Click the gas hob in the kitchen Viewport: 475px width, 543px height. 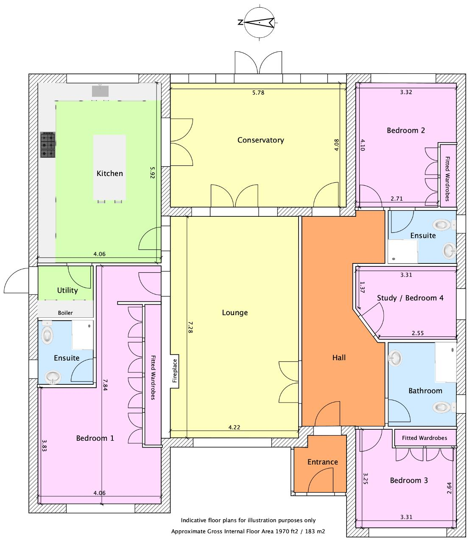pos(48,145)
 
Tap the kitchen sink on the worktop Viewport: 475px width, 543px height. pos(101,91)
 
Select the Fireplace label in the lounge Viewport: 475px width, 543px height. pos(175,371)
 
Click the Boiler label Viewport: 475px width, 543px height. pos(65,313)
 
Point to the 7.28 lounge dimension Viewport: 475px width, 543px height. pos(190,327)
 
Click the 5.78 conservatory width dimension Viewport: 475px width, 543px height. pos(258,92)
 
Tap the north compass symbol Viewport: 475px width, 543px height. pos(260,22)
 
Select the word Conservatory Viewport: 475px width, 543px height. pos(260,140)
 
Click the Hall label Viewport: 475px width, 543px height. pos(339,358)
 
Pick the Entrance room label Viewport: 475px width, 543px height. pos(323,462)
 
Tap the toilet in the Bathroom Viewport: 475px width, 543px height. pos(444,407)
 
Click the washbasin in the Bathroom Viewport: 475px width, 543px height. pos(395,358)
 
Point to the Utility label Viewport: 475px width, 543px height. pos(67,290)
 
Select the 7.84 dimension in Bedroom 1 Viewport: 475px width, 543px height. pos(105,385)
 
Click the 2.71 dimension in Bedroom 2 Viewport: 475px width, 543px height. pos(397,199)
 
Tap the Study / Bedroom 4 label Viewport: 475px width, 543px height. pos(410,298)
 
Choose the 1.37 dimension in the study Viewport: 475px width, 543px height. pos(362,287)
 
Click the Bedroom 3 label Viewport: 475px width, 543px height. pos(409,480)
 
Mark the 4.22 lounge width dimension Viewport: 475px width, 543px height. pos(234,427)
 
